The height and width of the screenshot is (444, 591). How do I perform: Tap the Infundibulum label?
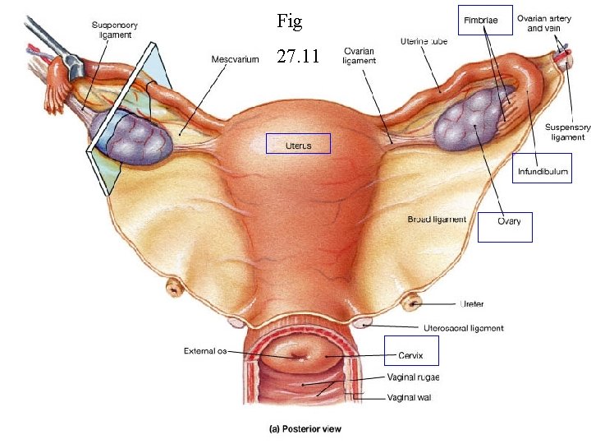pyautogui.click(x=541, y=173)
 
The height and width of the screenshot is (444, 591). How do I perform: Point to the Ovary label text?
pyautogui.click(x=509, y=221)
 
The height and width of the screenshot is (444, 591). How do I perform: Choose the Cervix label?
pyautogui.click(x=410, y=355)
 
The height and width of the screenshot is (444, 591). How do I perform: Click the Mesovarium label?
pyautogui.click(x=235, y=59)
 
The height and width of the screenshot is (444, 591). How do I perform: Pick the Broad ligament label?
pyautogui.click(x=437, y=220)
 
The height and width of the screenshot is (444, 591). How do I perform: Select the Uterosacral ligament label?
pyautogui.click(x=462, y=328)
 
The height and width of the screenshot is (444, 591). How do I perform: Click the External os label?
pyautogui.click(x=204, y=351)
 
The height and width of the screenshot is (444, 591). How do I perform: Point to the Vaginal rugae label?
pyautogui.click(x=413, y=377)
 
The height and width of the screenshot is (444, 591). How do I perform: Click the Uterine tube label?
pyautogui.click(x=424, y=41)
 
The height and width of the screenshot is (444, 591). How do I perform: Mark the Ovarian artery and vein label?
pyautogui.click(x=549, y=23)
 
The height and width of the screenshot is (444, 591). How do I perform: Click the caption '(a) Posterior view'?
pyautogui.click(x=306, y=428)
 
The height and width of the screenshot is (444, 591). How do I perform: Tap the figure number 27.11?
pyautogui.click(x=296, y=57)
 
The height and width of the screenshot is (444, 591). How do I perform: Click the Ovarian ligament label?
pyautogui.click(x=360, y=55)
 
